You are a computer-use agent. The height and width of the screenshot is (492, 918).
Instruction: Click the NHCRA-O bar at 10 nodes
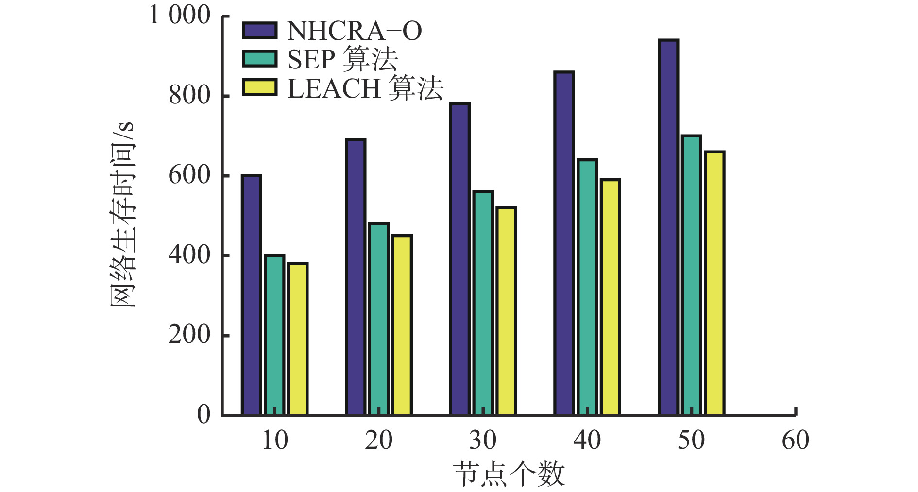point(251,295)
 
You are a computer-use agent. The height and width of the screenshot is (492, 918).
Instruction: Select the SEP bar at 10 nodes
point(274,335)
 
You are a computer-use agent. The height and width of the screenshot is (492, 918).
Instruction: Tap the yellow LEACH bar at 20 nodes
point(402,325)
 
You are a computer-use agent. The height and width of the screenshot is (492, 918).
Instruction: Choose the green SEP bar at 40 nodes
point(587,287)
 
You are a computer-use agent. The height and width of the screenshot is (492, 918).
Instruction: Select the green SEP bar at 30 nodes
point(483,303)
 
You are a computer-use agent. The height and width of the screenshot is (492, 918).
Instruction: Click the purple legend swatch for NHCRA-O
point(259,30)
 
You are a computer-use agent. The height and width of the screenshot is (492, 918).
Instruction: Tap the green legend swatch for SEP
point(259,59)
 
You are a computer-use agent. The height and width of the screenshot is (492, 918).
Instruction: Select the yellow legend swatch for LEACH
point(259,87)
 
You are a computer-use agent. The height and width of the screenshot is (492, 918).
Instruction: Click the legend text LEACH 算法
point(365,88)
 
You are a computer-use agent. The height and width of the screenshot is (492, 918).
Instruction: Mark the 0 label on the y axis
point(204,414)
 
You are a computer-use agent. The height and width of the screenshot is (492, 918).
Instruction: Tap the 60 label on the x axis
point(795,441)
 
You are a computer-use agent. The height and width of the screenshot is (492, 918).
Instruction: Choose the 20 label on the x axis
point(378,441)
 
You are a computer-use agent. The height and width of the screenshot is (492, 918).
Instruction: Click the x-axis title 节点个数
point(509,475)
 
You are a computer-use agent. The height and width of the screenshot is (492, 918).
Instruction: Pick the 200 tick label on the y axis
point(189,335)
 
